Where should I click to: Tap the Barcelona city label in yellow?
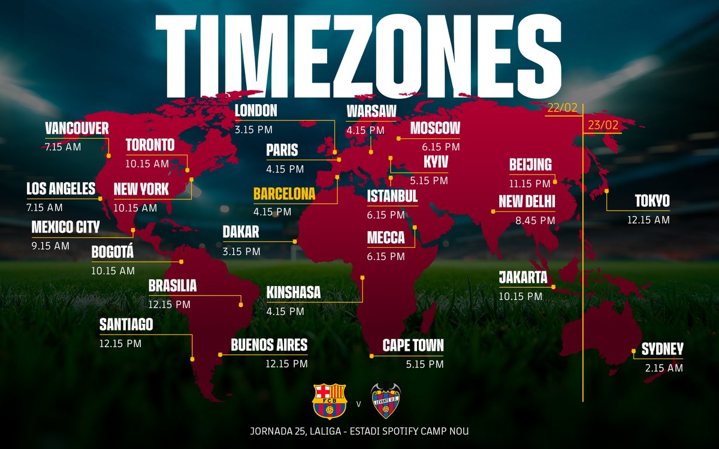coord(284,195)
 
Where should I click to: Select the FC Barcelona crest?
coord(330,401)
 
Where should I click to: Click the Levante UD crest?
coord(386,401)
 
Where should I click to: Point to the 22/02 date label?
coord(562,108)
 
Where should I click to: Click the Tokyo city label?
coord(649,201)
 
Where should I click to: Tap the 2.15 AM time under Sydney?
coord(664,368)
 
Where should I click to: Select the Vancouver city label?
coord(77,128)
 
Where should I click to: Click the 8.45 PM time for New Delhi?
coord(535,220)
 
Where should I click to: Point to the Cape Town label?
coord(413,345)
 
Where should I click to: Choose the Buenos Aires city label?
coord(269,345)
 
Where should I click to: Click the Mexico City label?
coord(65,227)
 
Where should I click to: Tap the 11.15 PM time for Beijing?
coord(530,183)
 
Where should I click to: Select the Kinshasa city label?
coord(294,293)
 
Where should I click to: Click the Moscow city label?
coord(435,128)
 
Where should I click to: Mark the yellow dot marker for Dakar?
coord(295,241)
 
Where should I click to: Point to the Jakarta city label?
coord(523,278)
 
